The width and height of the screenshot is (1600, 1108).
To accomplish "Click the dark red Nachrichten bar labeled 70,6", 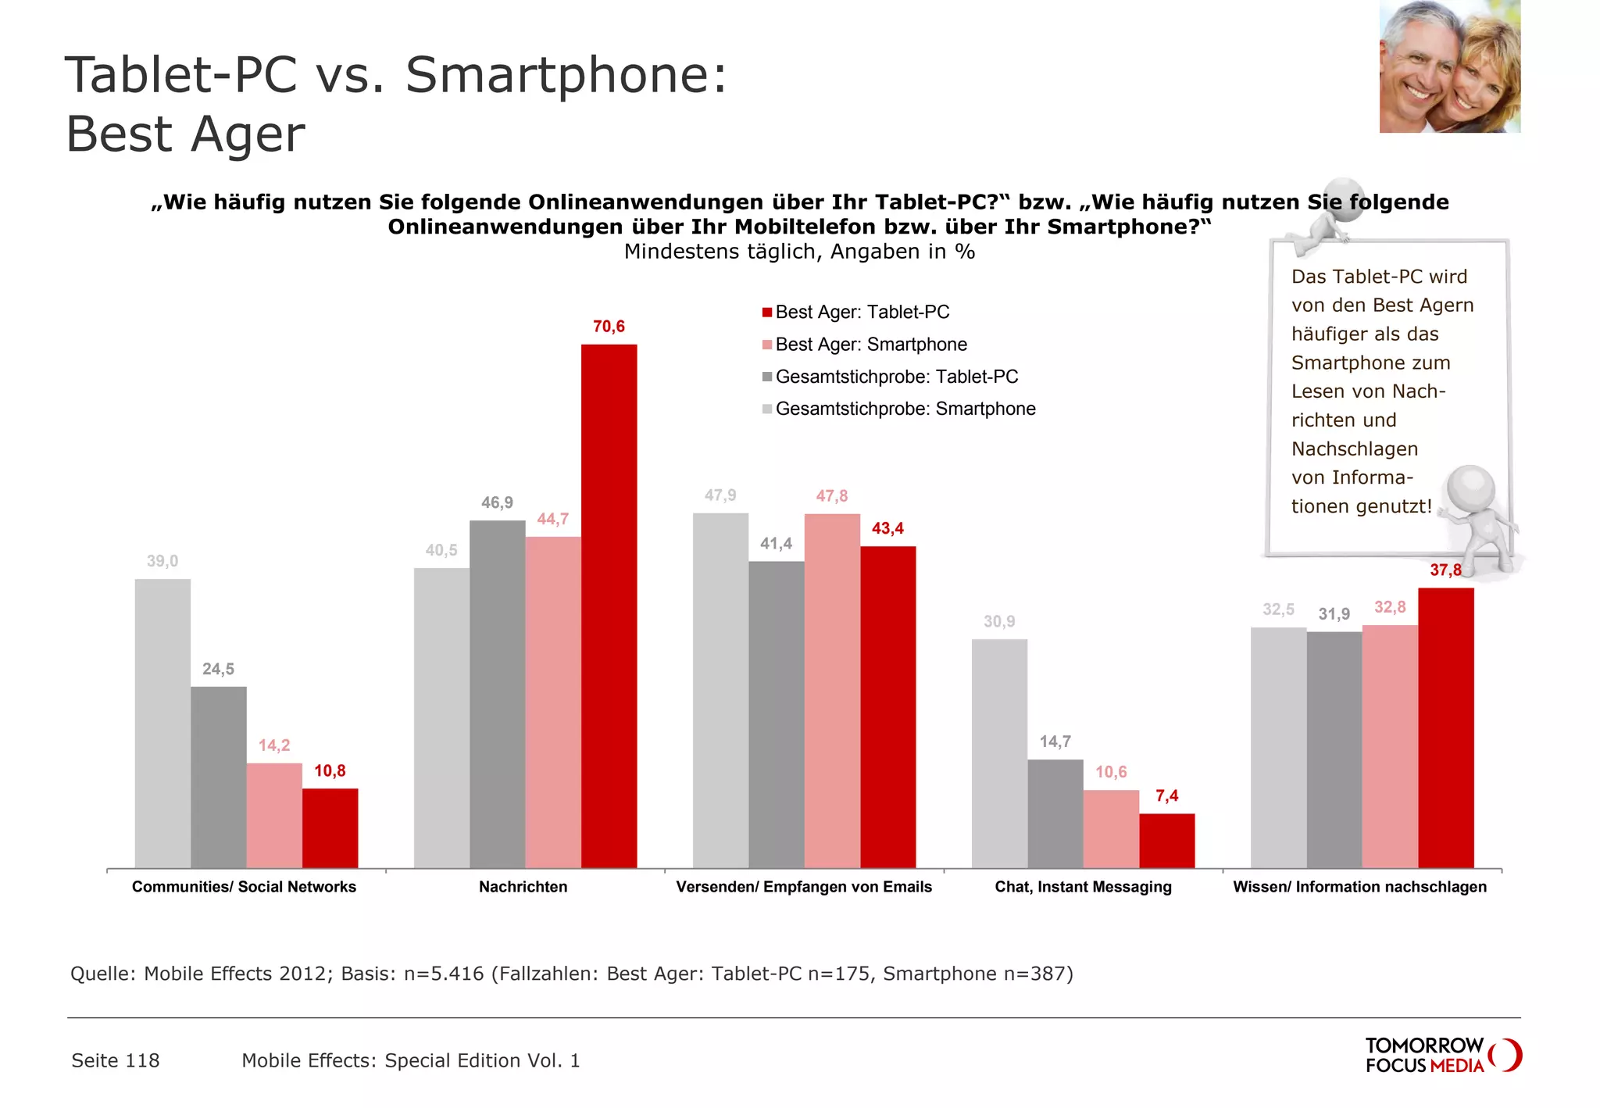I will coord(609,606).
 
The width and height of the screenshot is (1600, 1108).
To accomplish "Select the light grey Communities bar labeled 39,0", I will coord(162,723).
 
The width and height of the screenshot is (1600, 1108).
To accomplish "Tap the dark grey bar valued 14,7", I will coord(1055,813).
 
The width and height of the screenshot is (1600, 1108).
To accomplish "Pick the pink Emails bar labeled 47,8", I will coord(832,690).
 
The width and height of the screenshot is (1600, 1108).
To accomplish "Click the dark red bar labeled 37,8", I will coord(1445,727).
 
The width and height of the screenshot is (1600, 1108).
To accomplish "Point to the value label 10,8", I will coord(330,771).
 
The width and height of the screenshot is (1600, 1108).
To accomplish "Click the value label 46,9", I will coord(497,502).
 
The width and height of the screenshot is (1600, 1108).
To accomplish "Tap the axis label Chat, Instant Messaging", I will coord(1083,887).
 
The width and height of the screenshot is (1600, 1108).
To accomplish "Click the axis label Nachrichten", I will coord(523,887).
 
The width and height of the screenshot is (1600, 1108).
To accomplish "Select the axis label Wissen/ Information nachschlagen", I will coord(1359,887).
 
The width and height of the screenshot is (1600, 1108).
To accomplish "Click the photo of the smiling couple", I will coord(1449,66).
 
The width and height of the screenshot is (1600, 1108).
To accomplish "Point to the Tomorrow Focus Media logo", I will coord(1442,1055).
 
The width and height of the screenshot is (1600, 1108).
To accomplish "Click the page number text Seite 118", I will coord(116,1060).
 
